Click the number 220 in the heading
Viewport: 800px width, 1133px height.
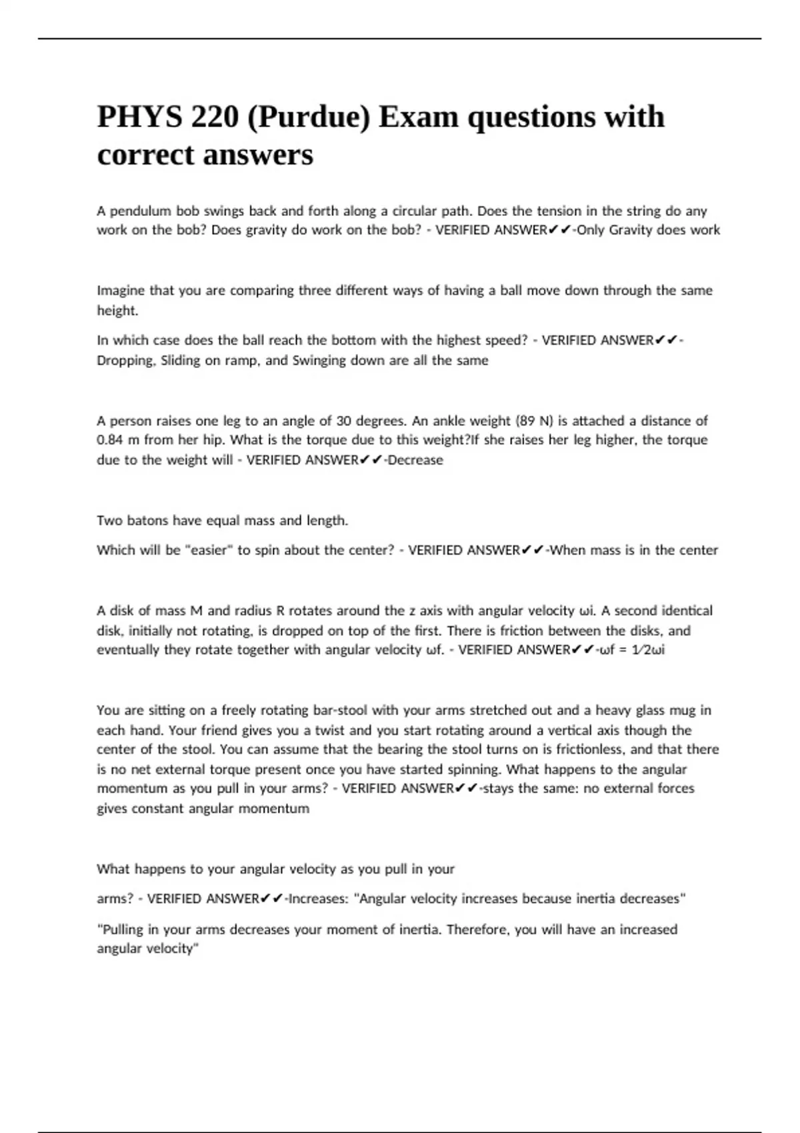[x=215, y=117]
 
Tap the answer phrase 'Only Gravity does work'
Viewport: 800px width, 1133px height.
[x=648, y=230]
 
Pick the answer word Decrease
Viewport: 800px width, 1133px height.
[x=415, y=460]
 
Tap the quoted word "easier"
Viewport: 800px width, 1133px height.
[x=209, y=551]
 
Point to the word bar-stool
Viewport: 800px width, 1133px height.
[x=350, y=710]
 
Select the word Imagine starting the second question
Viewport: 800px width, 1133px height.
[x=121, y=291]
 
